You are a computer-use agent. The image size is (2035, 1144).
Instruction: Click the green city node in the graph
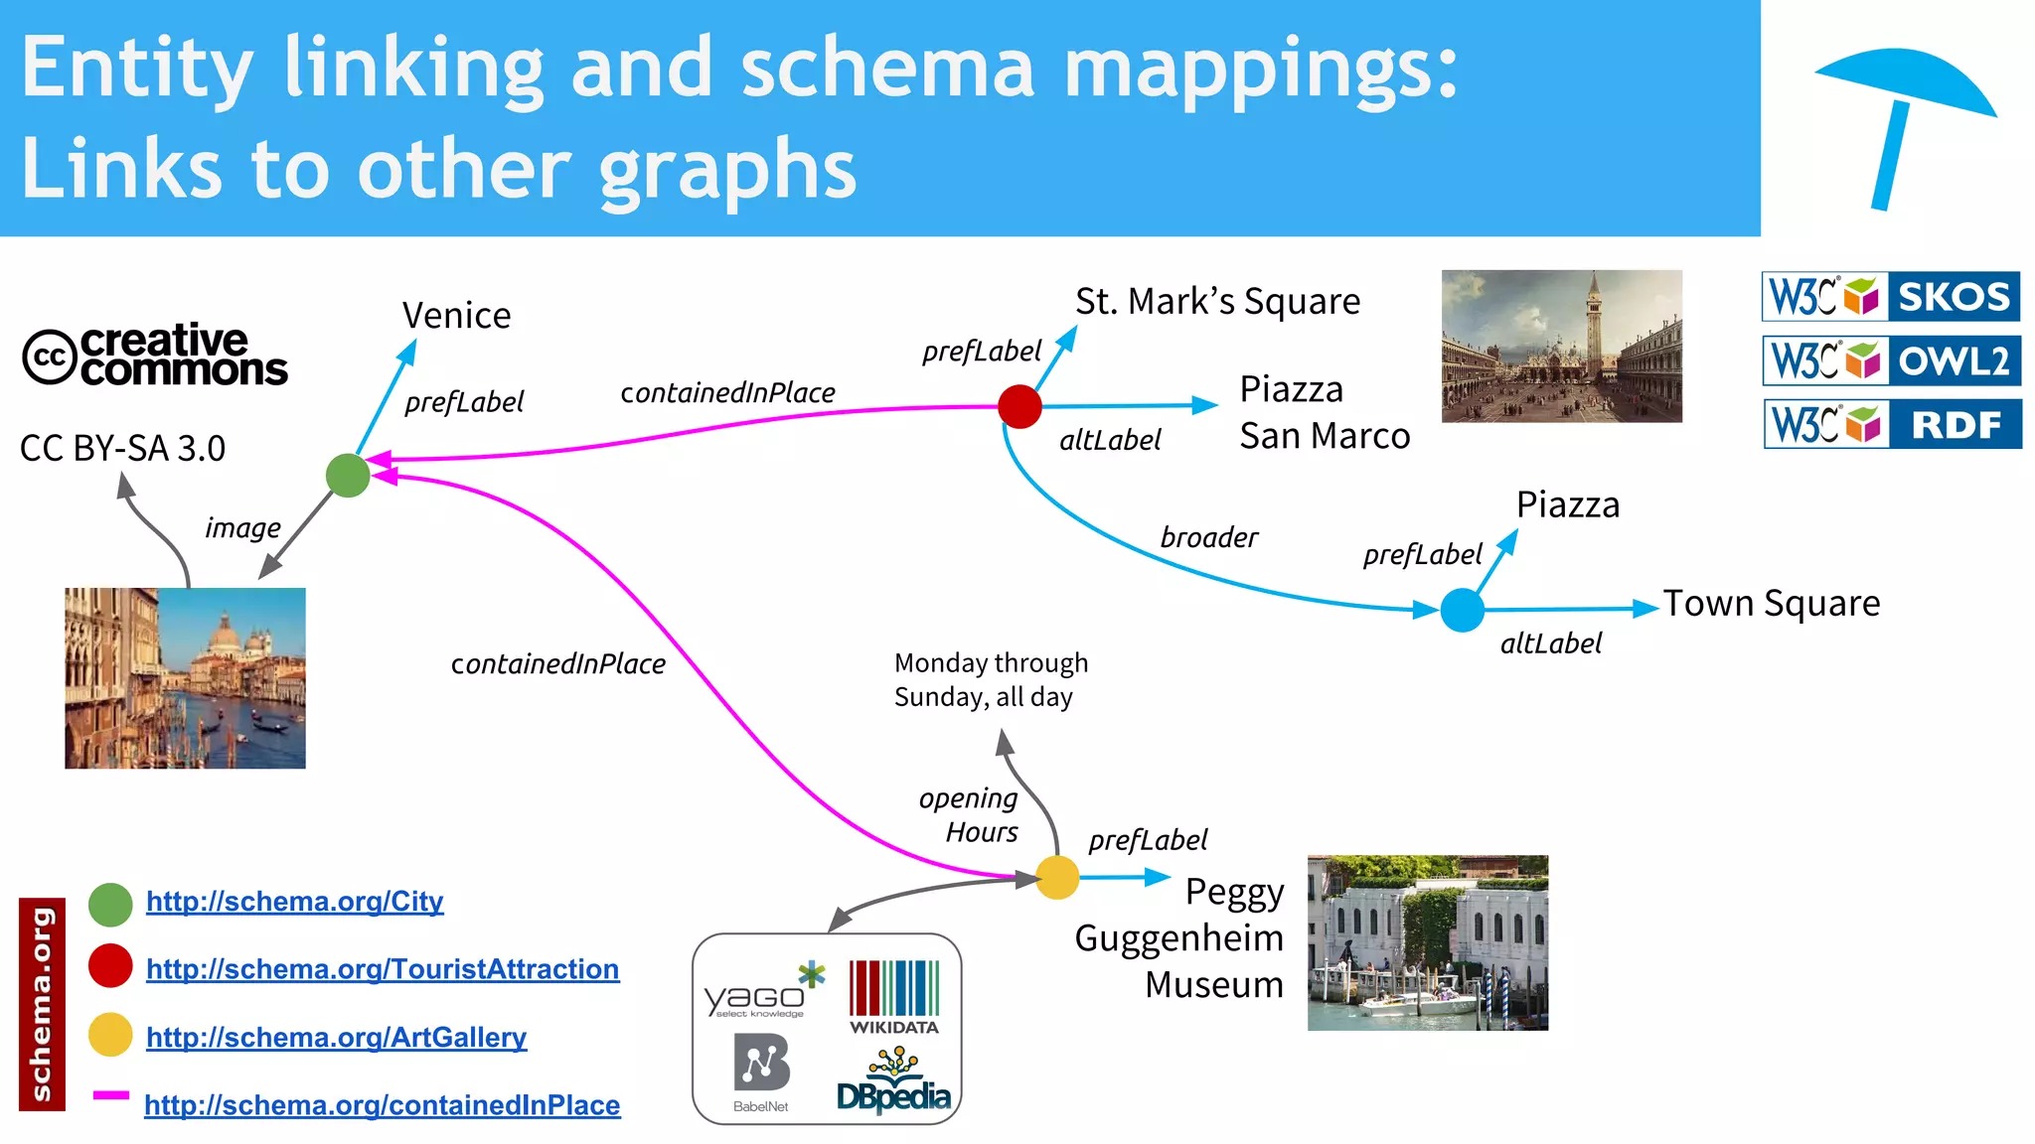348,476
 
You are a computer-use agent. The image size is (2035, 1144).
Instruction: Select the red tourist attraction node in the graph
1019,406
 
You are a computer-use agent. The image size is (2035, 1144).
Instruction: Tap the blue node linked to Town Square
1462,610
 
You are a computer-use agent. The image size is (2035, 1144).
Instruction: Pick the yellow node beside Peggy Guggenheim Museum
1057,878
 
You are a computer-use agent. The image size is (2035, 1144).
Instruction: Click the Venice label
456,316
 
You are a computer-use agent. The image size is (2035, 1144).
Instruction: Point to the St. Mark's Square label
1217,301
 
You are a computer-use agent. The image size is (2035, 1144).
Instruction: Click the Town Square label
1772,603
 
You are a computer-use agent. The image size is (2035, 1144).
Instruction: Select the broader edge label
1208,537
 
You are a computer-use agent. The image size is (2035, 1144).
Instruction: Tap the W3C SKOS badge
1891,296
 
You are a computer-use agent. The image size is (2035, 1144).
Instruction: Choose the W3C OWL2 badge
1891,360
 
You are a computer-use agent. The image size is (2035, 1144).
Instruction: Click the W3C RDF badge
1892,424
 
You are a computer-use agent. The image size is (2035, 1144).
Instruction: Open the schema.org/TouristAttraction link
383,969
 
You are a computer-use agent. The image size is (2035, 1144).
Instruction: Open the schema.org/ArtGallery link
336,1037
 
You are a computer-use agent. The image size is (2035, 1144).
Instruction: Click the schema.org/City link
294,902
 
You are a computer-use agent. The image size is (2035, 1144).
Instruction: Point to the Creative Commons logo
155,355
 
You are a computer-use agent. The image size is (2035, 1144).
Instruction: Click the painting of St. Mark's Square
1561,346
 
